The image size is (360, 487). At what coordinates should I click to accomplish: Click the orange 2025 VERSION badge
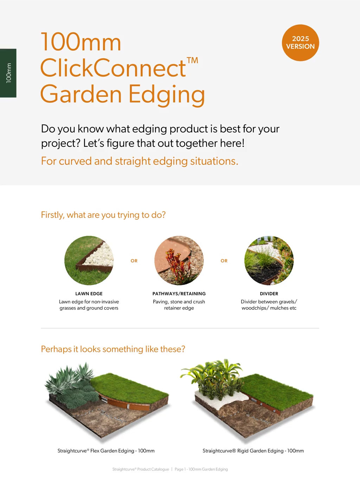click(x=300, y=43)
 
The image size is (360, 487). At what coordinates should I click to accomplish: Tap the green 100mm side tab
click(x=8, y=73)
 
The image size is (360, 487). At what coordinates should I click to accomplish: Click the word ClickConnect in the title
click(x=113, y=68)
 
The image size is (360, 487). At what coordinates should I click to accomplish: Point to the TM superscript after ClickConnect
click(x=192, y=61)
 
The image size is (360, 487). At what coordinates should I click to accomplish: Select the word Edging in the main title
click(x=167, y=95)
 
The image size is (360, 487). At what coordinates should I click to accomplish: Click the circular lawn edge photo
click(x=89, y=260)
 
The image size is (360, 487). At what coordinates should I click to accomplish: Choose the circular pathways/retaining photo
click(x=179, y=260)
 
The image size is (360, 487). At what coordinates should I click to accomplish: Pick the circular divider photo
click(x=269, y=260)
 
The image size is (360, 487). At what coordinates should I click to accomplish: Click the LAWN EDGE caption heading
click(x=89, y=293)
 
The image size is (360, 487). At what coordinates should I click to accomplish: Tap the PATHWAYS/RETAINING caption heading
click(x=179, y=293)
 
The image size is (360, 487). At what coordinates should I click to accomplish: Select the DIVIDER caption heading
click(x=269, y=293)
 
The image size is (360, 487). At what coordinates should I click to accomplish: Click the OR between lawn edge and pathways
click(x=134, y=261)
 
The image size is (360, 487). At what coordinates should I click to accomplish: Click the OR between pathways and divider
click(x=224, y=261)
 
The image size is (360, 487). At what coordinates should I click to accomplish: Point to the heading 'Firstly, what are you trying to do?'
click(x=103, y=215)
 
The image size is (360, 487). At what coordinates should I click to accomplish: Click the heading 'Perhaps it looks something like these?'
click(x=113, y=349)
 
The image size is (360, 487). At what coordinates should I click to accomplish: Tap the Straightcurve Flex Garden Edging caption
click(x=106, y=451)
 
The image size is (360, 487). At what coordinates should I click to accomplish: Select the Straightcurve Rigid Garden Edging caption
click(x=253, y=451)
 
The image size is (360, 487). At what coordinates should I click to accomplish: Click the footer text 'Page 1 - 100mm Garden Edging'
click(x=201, y=469)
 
